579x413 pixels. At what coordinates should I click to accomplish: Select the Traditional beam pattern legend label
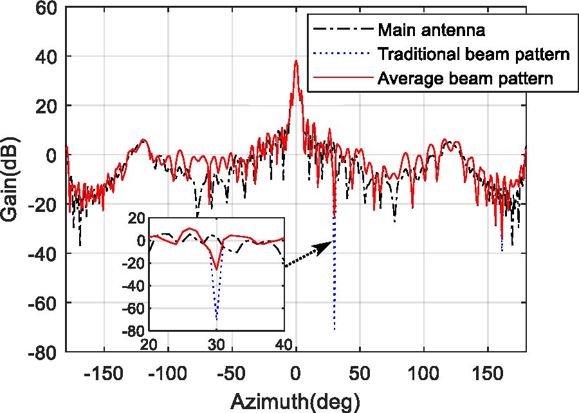474,55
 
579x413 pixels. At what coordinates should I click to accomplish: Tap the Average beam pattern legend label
466,79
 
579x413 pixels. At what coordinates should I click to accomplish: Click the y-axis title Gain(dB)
12,178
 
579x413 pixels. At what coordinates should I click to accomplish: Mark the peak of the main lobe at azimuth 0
296,61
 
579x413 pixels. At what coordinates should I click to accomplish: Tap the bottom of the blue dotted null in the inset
217,320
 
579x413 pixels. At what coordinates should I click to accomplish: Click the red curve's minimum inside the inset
217,269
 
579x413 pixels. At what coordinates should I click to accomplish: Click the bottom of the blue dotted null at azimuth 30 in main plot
335,329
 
